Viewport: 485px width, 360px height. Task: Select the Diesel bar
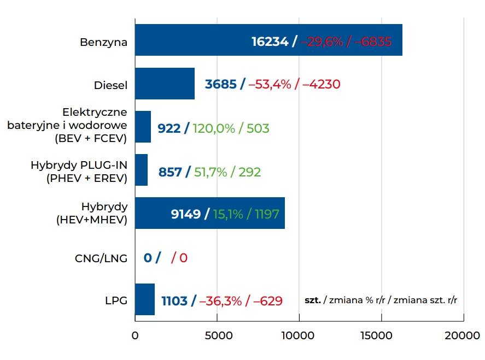click(165, 84)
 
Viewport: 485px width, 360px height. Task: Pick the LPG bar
click(144, 299)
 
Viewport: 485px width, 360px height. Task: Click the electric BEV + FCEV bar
click(143, 127)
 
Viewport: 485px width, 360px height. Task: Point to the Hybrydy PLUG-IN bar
click(141, 170)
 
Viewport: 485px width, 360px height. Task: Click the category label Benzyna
click(103, 42)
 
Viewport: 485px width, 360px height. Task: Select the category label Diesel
click(110, 85)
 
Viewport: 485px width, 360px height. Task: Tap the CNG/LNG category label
click(101, 258)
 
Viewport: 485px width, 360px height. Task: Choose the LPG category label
click(116, 301)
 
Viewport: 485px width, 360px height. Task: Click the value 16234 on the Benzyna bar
click(270, 42)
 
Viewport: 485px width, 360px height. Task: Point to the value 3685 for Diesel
click(221, 85)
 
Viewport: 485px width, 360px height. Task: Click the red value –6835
click(373, 42)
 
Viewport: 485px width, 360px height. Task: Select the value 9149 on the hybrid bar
click(186, 214)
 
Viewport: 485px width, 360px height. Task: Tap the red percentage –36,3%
click(220, 301)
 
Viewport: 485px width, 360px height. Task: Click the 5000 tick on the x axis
click(217, 335)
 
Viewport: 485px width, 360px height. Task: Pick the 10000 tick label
click(299, 335)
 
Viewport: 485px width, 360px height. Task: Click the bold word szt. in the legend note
click(313, 300)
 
